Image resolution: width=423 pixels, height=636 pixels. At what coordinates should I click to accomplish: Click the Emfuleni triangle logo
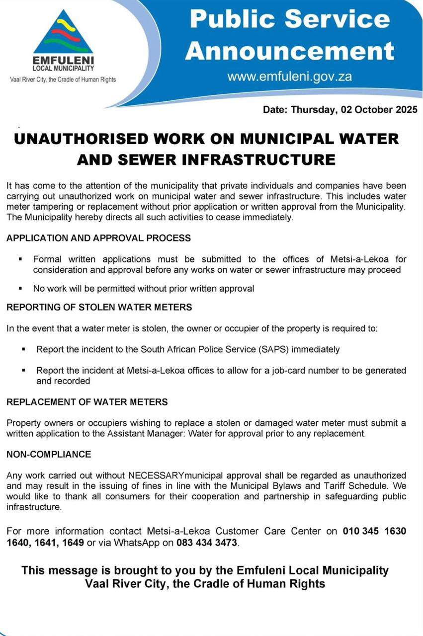(x=63, y=34)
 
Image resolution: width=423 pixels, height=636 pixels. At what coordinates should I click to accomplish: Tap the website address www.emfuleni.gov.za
(x=290, y=77)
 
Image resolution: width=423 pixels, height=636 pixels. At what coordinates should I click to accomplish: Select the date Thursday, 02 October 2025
(x=340, y=110)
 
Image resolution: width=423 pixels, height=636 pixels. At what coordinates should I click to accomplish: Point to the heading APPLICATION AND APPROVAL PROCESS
(x=98, y=238)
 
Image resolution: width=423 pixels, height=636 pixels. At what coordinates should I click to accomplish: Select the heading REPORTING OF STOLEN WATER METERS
(x=99, y=307)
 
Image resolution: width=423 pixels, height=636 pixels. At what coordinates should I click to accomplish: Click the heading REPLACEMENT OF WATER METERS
(x=87, y=401)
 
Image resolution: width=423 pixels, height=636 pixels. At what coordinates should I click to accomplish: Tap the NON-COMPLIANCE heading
(x=49, y=454)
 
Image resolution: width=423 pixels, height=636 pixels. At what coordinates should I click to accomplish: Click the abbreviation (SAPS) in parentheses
(x=273, y=349)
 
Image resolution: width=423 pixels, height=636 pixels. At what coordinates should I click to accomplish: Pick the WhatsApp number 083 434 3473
(x=207, y=542)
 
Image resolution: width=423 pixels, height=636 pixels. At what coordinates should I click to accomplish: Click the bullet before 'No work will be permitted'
(x=20, y=288)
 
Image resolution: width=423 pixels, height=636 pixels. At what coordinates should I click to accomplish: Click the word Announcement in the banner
(x=290, y=51)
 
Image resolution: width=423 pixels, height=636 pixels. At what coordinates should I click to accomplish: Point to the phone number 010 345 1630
(x=374, y=531)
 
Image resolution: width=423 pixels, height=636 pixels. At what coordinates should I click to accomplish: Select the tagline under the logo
(x=63, y=79)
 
